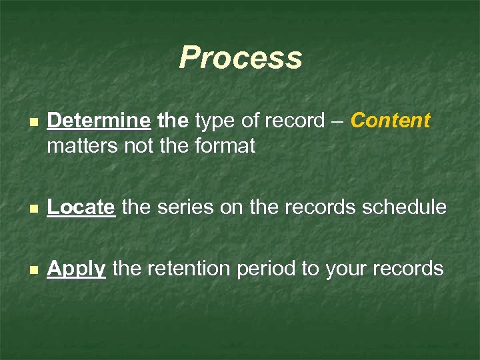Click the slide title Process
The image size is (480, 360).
(x=240, y=58)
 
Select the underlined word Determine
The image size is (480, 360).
(x=99, y=121)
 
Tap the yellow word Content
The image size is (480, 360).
(x=391, y=121)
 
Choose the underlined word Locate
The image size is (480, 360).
(x=81, y=207)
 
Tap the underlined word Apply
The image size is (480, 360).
(x=77, y=269)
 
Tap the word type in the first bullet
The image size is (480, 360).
(x=214, y=121)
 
